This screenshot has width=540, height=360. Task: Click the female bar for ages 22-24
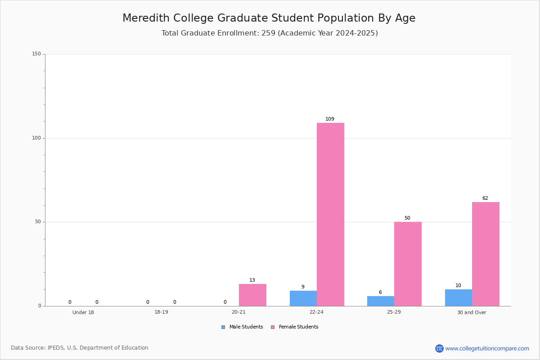pos(330,214)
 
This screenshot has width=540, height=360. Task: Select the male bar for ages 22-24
pos(303,298)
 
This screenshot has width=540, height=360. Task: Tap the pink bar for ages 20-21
pos(252,295)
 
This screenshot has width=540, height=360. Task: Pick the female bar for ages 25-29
pos(408,264)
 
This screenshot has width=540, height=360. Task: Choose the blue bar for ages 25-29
pos(381,301)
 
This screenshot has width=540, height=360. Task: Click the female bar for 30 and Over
pos(486,254)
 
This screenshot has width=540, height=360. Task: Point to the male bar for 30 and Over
pos(459,297)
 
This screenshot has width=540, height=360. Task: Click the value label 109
pos(330,119)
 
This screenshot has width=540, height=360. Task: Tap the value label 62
pos(485,198)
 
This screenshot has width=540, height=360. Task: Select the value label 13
pos(252,280)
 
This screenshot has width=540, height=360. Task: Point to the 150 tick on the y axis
pos(36,54)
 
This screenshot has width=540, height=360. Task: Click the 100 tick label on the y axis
pos(36,138)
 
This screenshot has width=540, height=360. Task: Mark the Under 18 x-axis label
pos(83,312)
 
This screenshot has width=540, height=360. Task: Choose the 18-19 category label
pos(161,312)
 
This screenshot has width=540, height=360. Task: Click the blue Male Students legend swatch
pos(223,327)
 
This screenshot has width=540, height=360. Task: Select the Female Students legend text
pos(299,327)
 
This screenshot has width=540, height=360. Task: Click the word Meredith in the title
pos(146,18)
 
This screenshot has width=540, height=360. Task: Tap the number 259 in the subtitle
pos(268,33)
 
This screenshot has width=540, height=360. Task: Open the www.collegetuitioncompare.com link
pos(487,348)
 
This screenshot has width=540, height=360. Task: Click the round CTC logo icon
pos(440,348)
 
